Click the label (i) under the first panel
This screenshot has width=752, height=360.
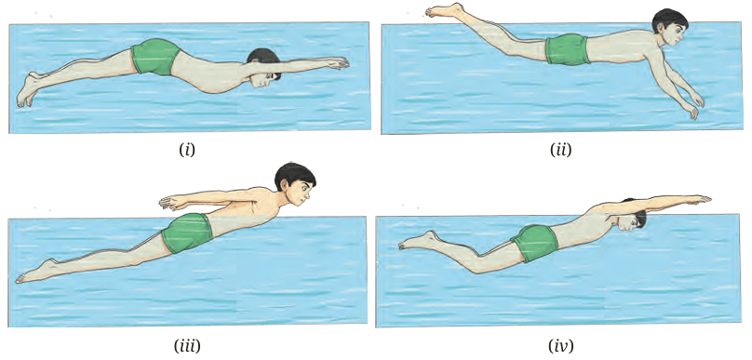point(187,151)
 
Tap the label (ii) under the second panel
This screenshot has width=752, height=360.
point(560,151)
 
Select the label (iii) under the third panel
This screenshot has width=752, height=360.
point(187,345)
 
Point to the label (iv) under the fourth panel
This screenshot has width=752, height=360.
point(560,345)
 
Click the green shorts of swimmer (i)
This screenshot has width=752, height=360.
point(155,57)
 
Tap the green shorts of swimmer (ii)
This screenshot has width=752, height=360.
point(568,49)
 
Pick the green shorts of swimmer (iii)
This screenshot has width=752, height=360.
point(187,233)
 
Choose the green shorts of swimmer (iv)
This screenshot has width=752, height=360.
point(534,243)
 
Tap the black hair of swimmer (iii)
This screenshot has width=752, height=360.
point(293,175)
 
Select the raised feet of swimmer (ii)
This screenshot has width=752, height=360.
point(445,10)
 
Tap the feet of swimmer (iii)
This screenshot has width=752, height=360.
point(36,272)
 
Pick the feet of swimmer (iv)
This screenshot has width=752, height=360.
point(418,240)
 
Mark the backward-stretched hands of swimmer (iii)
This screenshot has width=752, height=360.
point(173,202)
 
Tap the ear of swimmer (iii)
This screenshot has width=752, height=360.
point(288,185)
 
